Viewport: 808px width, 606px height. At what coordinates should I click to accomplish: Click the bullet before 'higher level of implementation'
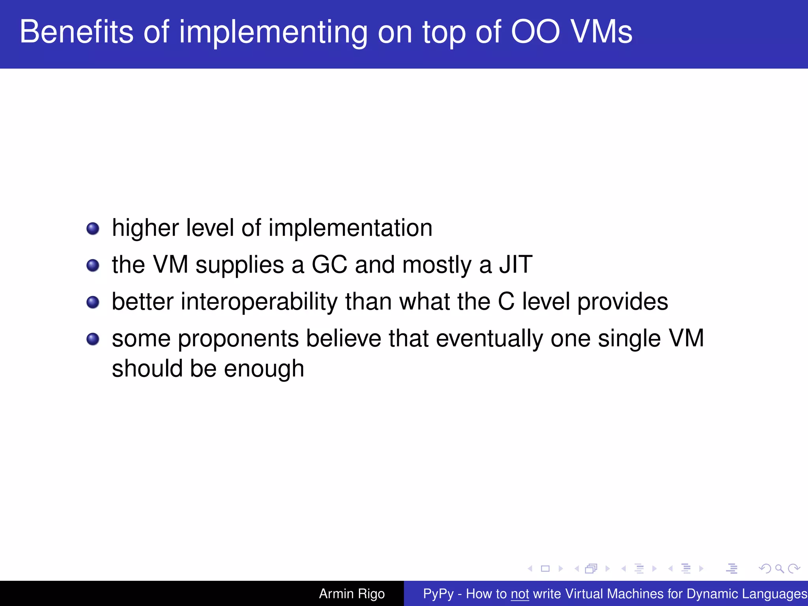(x=93, y=228)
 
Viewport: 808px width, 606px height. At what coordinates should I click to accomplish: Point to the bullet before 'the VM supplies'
(x=93, y=265)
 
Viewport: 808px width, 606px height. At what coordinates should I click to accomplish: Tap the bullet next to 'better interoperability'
(x=93, y=302)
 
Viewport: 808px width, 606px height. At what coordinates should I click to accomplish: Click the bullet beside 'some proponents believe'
(x=93, y=339)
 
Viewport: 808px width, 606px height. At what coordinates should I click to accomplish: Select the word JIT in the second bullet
(x=516, y=264)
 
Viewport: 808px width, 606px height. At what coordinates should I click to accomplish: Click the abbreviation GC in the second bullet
(x=329, y=264)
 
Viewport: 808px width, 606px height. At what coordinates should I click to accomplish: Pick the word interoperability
(x=259, y=302)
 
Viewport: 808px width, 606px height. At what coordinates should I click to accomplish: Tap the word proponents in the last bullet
(x=238, y=339)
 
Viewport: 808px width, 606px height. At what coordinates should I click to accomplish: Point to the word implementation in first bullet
(x=350, y=228)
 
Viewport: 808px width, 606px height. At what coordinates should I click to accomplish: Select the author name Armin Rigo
(x=352, y=593)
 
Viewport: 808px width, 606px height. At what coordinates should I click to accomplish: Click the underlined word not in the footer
(x=520, y=594)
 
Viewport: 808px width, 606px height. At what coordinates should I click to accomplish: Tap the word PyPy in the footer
(x=438, y=594)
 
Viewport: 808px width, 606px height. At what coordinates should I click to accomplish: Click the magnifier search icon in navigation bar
(x=779, y=569)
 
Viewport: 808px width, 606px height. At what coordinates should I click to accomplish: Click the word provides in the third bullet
(x=623, y=302)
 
